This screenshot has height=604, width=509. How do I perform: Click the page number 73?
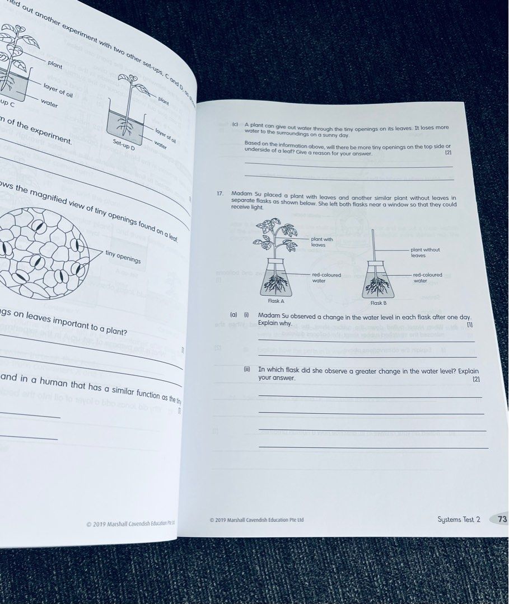(x=501, y=519)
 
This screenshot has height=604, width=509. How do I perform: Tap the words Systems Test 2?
(x=459, y=520)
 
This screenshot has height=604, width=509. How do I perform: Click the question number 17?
(x=220, y=194)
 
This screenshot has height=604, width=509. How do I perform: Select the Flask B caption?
(x=378, y=303)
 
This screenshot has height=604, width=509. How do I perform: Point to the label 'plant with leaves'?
(x=321, y=242)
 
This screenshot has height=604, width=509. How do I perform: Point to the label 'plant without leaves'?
(x=425, y=253)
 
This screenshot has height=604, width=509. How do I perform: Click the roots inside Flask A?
(x=275, y=284)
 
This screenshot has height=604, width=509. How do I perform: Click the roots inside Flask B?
(x=377, y=286)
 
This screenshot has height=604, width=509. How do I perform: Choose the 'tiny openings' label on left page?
(x=123, y=257)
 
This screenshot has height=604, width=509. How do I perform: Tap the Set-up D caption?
(x=124, y=145)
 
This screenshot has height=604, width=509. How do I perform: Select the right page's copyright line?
(x=256, y=520)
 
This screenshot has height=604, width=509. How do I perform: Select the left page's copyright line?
(x=130, y=524)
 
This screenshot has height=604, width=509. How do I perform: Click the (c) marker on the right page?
(x=235, y=124)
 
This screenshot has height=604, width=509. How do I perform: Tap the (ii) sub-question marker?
(x=246, y=370)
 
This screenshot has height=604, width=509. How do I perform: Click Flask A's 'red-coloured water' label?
(x=326, y=277)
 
